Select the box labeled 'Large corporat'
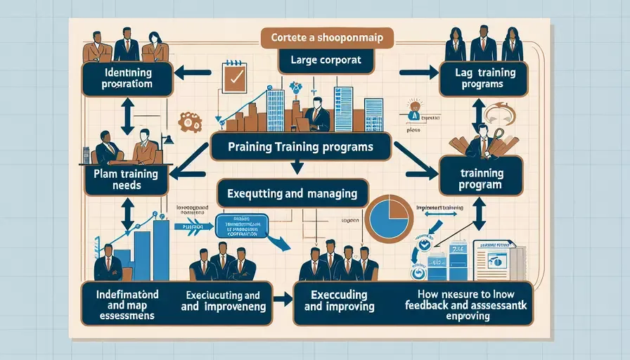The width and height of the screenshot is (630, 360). click(x=325, y=60)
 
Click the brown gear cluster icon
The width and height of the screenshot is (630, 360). click(x=191, y=121)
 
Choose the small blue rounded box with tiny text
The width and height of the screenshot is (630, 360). click(x=244, y=225)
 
